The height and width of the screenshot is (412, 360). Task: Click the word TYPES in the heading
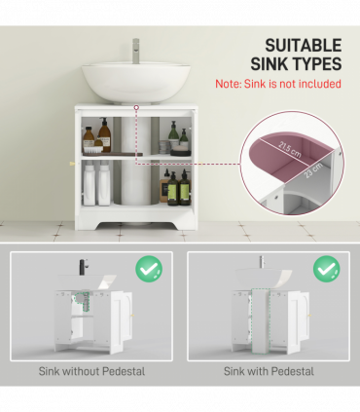click(x=314, y=64)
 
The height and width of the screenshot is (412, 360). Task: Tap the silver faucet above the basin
click(x=135, y=47)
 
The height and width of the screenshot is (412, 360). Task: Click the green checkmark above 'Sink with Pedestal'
click(x=326, y=268)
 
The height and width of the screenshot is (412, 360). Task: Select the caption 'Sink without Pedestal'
click(x=92, y=371)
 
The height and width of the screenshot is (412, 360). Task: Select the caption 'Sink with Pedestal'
click(x=268, y=371)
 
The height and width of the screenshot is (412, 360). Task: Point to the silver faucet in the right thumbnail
click(x=261, y=263)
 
